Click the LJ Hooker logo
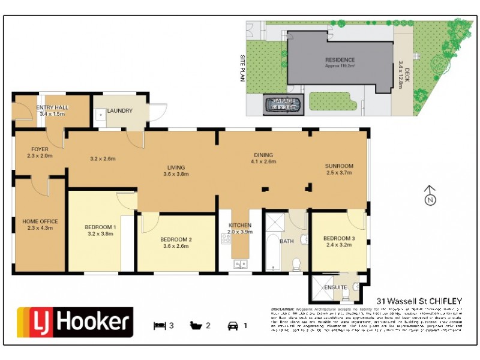pos(74,323)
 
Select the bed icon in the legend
pos(159,326)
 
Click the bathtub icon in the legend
pos(194,326)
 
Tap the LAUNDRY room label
pos(119,111)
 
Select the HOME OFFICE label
pos(40,221)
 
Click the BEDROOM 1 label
pos(100,226)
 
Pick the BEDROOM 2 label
pos(176,240)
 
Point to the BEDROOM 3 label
pos(339,238)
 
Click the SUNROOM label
pos(339,166)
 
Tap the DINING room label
pos(264,154)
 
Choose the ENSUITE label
pos(335,287)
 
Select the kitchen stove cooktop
pos(226,239)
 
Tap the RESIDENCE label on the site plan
pos(340,60)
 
